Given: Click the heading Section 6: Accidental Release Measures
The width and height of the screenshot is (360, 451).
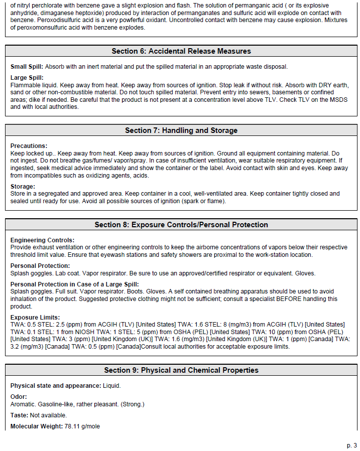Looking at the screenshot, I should (x=181, y=51).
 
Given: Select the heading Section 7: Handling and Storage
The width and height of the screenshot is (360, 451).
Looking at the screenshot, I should (x=181, y=130).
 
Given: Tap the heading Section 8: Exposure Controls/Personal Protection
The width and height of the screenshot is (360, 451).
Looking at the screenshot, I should (x=181, y=225).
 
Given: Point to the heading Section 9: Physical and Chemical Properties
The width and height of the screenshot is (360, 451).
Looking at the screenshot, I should (x=181, y=370).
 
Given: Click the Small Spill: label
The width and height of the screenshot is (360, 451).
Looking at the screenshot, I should (x=27, y=67).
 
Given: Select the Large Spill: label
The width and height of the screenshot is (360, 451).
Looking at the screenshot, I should (x=27, y=78).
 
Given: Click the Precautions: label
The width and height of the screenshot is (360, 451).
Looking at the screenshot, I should (x=29, y=146).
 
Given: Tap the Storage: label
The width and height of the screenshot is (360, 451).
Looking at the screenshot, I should (x=23, y=186).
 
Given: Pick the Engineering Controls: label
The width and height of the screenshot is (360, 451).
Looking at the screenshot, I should (x=42, y=240).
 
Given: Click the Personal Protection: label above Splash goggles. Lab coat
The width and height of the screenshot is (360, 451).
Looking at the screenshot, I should (x=40, y=266).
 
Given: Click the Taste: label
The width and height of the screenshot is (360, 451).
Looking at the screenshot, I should (x=19, y=415).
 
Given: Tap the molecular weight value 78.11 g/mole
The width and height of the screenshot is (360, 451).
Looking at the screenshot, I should (x=82, y=426).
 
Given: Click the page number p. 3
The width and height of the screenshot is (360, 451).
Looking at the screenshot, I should (x=351, y=445).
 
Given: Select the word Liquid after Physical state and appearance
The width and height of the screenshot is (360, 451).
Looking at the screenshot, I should (x=111, y=386).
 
